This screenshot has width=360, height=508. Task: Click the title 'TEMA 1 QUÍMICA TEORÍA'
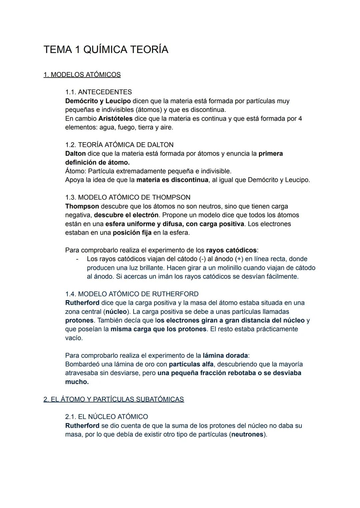[106, 50]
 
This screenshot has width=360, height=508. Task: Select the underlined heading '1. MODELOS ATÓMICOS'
[82, 75]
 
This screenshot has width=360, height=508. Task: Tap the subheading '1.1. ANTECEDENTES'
[98, 92]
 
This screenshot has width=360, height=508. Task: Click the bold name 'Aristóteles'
[115, 119]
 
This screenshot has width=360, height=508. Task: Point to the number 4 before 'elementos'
[300, 119]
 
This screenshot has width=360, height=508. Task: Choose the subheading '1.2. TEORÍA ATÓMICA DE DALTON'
[119, 145]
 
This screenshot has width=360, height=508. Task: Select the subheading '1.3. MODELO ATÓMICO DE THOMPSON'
[128, 198]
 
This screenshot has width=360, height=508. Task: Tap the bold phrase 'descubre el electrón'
[126, 215]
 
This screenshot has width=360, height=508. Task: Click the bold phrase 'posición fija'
[132, 233]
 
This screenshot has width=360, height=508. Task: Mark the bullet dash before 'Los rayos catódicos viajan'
[77, 259]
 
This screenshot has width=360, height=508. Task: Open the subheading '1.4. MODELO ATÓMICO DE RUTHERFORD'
[132, 294]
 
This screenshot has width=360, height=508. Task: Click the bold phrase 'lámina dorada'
[225, 355]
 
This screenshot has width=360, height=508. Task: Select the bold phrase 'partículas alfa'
[191, 364]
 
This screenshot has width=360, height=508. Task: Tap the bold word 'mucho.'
[77, 382]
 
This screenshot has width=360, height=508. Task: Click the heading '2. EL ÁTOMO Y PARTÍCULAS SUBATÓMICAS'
[114, 399]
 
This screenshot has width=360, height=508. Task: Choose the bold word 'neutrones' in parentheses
[247, 435]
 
